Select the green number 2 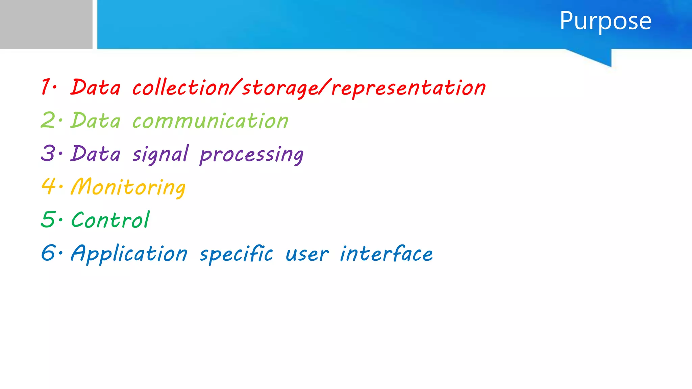(48, 120)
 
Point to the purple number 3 (48, 153)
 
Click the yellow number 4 (48, 186)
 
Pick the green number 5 (48, 219)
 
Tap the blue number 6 (48, 253)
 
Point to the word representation (409, 88)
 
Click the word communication (210, 121)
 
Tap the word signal (160, 154)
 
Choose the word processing (251, 155)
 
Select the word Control (110, 220)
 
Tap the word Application (129, 254)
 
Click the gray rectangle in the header (46, 24)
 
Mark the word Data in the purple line (96, 154)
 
